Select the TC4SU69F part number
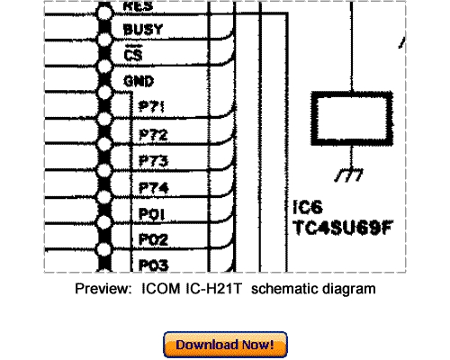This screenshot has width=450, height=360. tap(341, 229)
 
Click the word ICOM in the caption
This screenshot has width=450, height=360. tap(160, 289)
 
